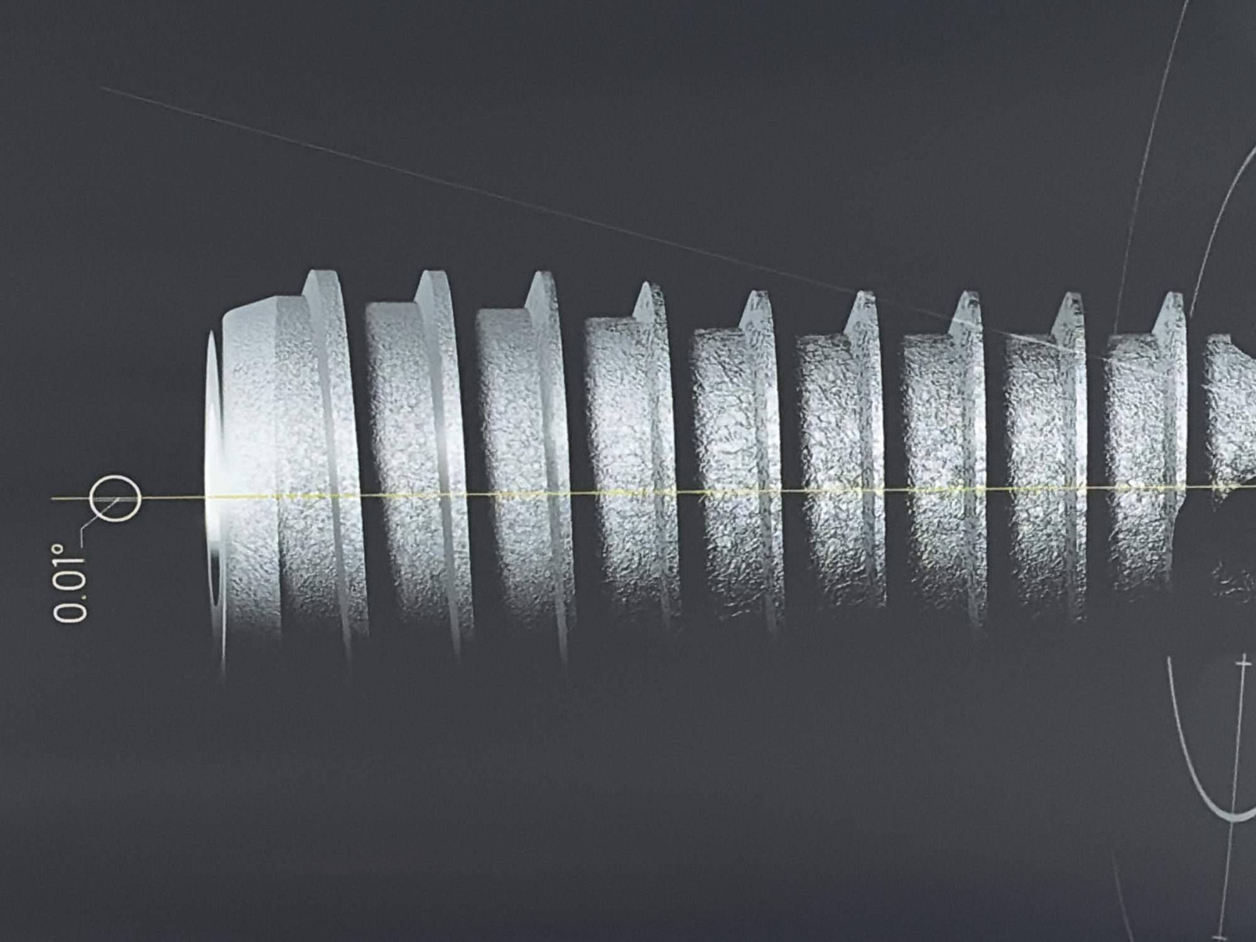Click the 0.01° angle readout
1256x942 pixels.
pyautogui.click(x=69, y=583)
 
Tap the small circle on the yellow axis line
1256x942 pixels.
pyautogui.click(x=115, y=499)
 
